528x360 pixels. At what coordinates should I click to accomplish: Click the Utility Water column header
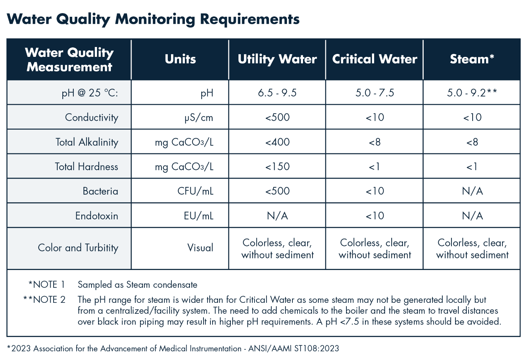(277, 59)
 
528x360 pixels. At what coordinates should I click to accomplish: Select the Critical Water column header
(374, 59)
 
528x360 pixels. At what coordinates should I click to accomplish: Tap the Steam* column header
(472, 59)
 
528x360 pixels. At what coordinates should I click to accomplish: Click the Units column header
(180, 59)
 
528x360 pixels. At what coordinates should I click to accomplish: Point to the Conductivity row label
(92, 117)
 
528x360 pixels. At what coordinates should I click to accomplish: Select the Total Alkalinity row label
(87, 142)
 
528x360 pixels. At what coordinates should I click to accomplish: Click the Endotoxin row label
(97, 216)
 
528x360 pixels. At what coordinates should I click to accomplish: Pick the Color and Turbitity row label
(78, 248)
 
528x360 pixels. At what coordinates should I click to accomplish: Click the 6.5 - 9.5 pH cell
(277, 93)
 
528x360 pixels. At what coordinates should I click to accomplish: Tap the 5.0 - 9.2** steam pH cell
(472, 93)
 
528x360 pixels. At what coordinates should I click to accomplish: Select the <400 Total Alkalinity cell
(277, 142)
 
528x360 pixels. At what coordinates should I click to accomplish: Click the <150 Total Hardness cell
(277, 167)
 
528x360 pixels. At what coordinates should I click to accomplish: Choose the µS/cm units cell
(199, 118)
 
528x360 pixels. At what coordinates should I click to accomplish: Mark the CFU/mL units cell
(195, 191)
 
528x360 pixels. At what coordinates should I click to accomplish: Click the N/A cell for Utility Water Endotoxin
(277, 216)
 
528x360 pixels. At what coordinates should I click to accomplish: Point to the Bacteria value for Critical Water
(374, 191)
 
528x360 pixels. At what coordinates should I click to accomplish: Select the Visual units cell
(200, 248)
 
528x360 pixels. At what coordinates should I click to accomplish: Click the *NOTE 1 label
(47, 285)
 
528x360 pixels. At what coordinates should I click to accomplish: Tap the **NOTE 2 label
(44, 300)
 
